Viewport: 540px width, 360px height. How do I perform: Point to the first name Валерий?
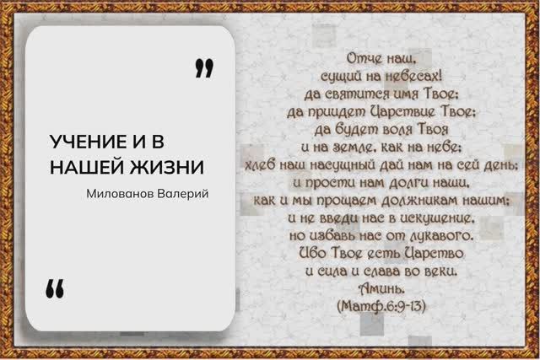[186, 193]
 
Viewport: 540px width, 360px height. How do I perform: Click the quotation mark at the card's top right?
[202, 67]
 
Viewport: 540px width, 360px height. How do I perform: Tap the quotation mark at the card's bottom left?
[55, 288]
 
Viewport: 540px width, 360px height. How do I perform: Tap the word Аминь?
[383, 290]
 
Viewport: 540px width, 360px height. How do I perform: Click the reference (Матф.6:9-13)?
[383, 307]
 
